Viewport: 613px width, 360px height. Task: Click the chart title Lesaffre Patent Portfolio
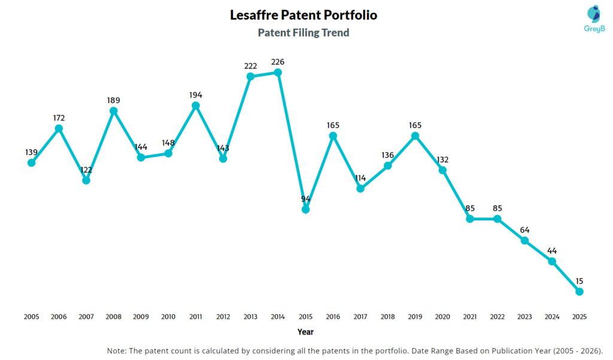point(304,15)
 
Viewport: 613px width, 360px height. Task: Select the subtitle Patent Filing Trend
point(304,33)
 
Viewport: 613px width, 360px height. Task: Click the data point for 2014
point(278,72)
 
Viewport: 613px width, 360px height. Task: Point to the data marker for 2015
point(305,210)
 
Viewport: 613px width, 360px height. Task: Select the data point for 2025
point(579,292)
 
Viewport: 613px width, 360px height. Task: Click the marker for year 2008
point(114,111)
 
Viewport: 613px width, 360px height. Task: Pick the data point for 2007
point(86,180)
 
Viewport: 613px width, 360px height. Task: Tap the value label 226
point(278,62)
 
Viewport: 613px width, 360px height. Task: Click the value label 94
point(305,199)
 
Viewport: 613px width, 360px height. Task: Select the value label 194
point(196,95)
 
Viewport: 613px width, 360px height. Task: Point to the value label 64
point(524,230)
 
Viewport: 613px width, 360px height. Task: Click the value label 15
point(579,281)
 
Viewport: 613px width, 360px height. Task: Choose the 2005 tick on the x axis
point(31,316)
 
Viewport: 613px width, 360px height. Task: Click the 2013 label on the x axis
point(250,316)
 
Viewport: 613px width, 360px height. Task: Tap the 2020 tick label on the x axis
point(442,316)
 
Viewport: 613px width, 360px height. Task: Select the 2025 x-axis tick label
point(579,316)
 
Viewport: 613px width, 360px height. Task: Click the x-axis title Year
point(305,332)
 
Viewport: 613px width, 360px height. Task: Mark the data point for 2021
point(470,219)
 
